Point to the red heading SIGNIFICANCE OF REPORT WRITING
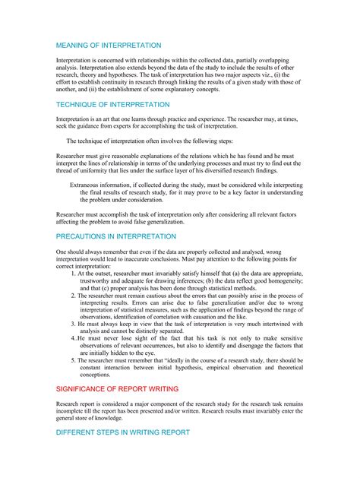(118, 388)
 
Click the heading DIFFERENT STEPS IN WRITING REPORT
(122, 432)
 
